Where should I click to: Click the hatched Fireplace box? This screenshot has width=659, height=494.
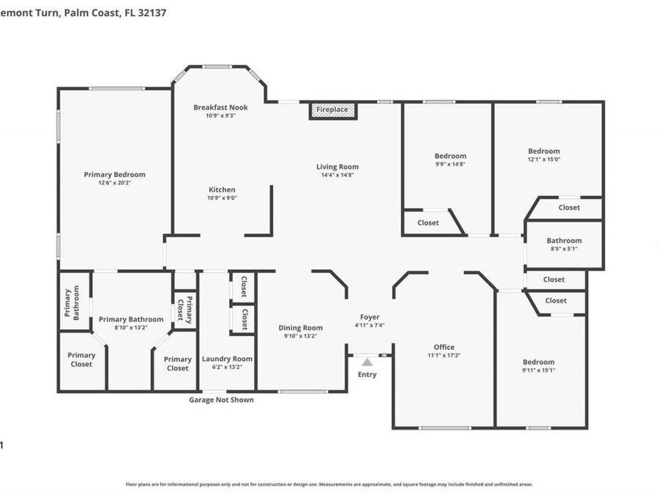332,111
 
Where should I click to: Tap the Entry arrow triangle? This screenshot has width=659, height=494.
367,362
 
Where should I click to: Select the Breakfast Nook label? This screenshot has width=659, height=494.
220,108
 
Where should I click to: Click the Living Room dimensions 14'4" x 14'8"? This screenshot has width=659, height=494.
338,176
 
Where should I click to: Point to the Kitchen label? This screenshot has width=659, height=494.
221,190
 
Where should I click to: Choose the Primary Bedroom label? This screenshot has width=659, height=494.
114,174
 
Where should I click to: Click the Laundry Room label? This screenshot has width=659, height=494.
227,359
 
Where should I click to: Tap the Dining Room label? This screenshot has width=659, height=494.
301,328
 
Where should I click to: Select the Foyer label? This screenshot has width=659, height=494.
369,317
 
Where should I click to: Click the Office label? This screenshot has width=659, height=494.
444,347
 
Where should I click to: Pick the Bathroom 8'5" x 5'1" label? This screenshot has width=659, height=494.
564,240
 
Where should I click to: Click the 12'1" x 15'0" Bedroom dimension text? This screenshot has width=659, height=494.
544,160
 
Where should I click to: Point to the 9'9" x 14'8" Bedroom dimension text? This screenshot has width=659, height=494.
450,164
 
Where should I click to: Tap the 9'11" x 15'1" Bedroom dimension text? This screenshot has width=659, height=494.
538,370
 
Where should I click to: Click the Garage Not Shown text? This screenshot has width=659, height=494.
221,400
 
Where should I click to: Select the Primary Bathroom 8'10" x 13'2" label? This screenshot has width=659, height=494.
131,319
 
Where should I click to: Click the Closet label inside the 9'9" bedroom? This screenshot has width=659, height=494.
428,222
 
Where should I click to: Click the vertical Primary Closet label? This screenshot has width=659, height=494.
189,310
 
